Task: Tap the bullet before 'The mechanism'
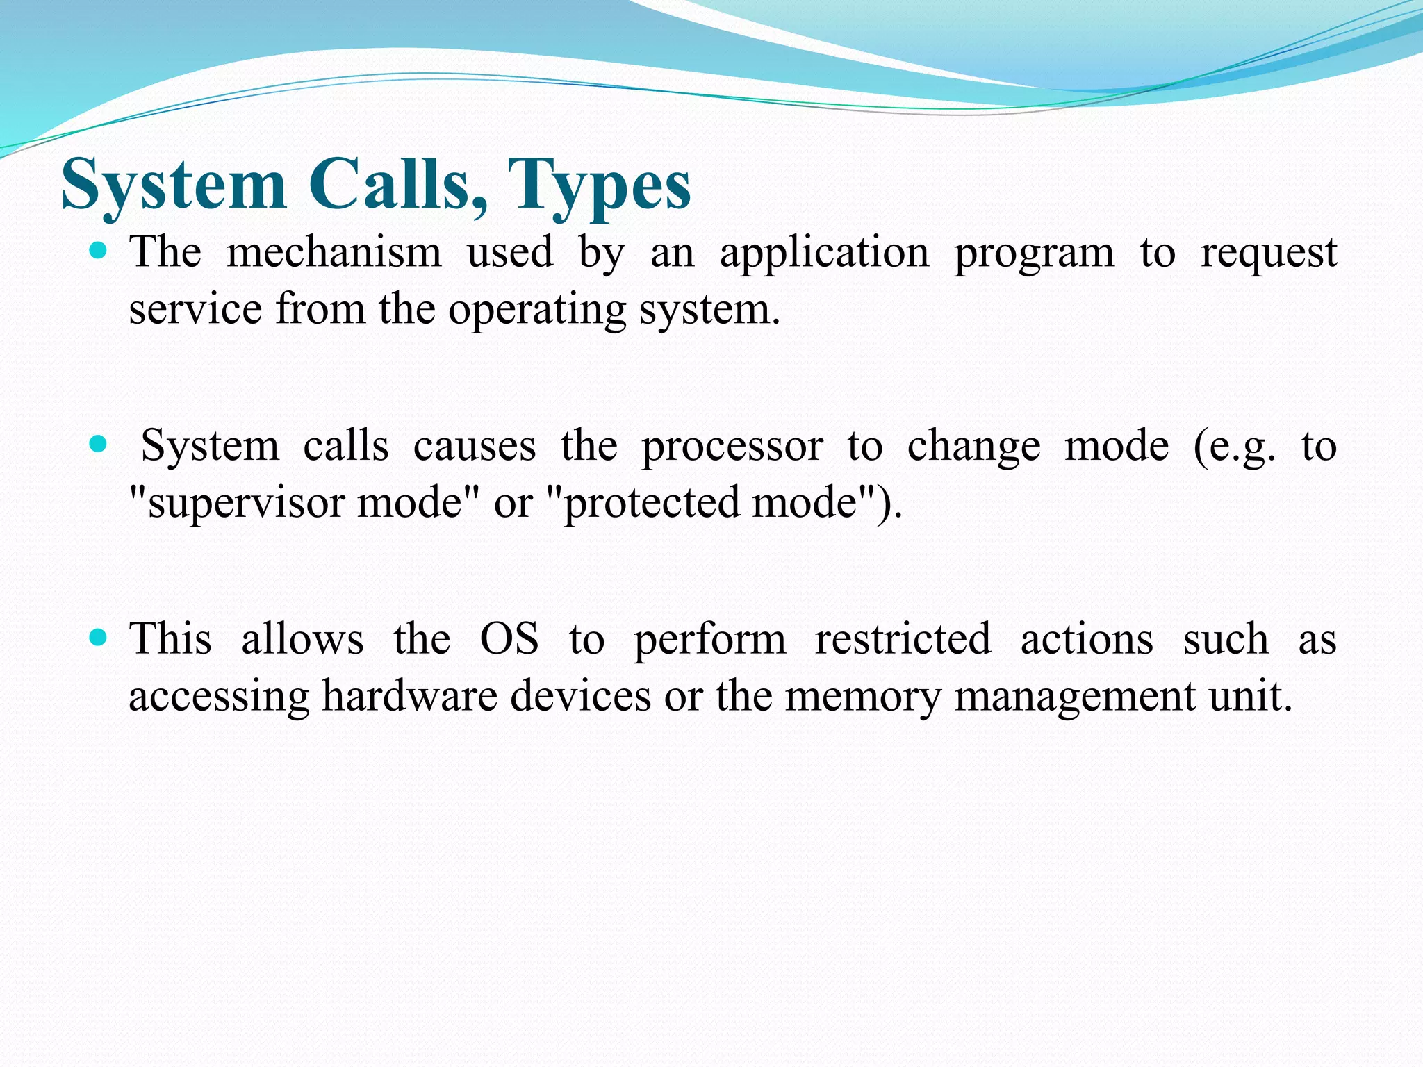coord(99,251)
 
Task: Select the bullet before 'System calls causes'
coord(99,444)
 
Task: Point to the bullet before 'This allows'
coord(99,637)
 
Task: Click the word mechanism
coord(334,252)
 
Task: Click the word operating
coord(536,311)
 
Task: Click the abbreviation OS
coord(509,639)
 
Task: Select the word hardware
coord(410,695)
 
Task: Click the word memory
coord(862,697)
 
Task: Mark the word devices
coord(581,695)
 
